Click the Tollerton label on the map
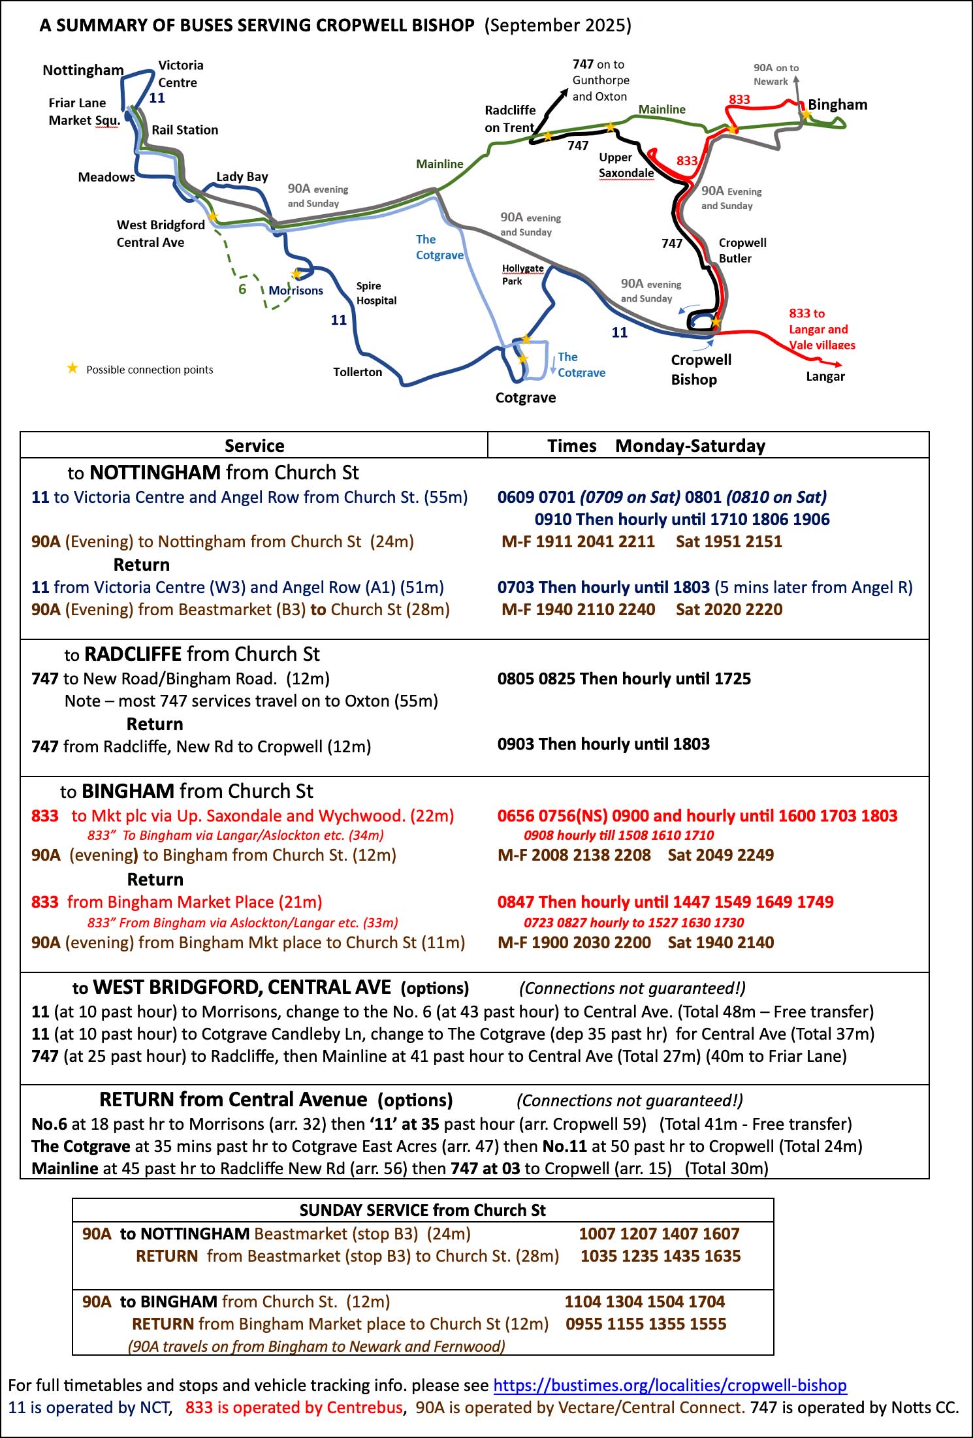(x=357, y=372)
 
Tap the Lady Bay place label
(x=242, y=176)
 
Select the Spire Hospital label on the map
(x=376, y=293)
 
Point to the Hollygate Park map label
(x=522, y=274)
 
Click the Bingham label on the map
(x=837, y=104)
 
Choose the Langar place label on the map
(x=825, y=376)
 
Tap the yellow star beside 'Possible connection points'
(x=72, y=368)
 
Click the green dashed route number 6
(x=242, y=289)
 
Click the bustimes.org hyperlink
(x=669, y=1384)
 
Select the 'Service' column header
(x=254, y=445)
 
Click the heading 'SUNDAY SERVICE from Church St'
(x=423, y=1209)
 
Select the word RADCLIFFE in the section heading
(x=133, y=654)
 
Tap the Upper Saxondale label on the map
(x=626, y=165)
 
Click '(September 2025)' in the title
(x=558, y=25)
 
